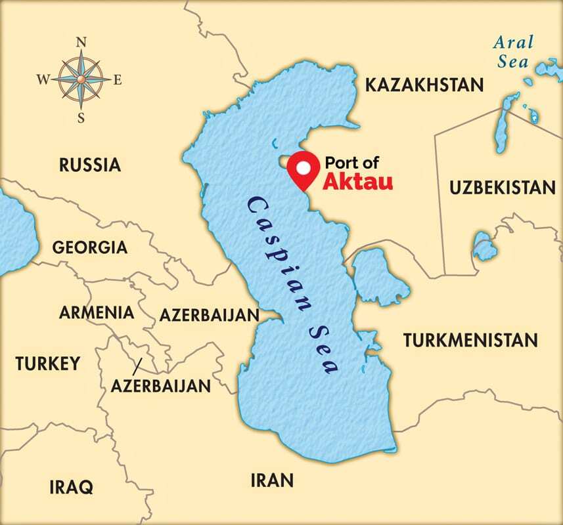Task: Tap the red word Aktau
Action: (x=357, y=182)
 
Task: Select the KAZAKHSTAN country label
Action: (x=424, y=85)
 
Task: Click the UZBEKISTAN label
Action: (x=503, y=188)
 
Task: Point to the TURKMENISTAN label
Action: (x=470, y=340)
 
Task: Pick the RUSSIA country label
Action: (x=90, y=164)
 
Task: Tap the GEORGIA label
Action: (x=89, y=247)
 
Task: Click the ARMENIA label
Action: (x=97, y=312)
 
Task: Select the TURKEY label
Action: (x=48, y=363)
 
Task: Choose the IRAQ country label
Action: (x=71, y=487)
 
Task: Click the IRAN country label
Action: (x=271, y=480)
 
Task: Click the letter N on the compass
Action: (x=82, y=42)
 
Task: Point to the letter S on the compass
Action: (x=81, y=118)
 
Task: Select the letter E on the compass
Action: (x=118, y=80)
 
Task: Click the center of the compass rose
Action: (x=81, y=80)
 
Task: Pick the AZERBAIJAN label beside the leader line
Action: (x=160, y=385)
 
